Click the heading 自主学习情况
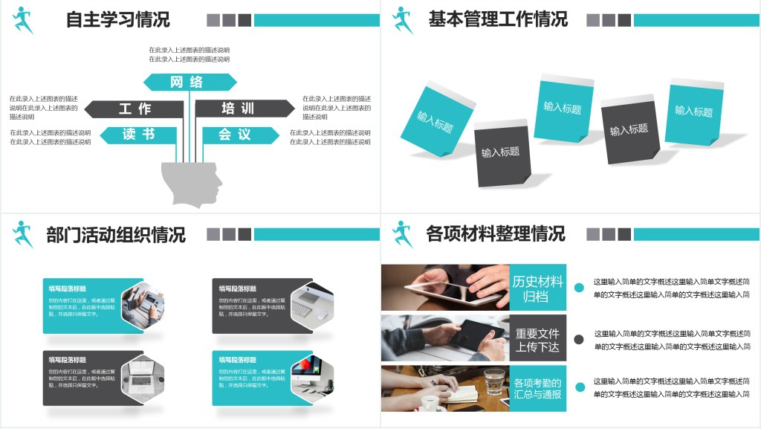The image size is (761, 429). point(117,19)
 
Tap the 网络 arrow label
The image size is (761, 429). point(189,82)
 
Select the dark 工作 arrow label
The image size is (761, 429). point(135,109)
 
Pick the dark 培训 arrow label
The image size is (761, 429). point(242,109)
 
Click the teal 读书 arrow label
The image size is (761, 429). point(139,135)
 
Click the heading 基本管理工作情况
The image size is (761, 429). point(497,19)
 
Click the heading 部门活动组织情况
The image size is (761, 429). point(115,235)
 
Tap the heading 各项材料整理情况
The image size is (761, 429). point(495,234)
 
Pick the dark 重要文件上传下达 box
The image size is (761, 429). point(538,338)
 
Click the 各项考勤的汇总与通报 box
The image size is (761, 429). point(538,388)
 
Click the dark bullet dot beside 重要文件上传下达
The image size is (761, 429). point(579,339)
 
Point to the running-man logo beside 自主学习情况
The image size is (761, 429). point(23,20)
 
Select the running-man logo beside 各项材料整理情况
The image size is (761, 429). point(403,234)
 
